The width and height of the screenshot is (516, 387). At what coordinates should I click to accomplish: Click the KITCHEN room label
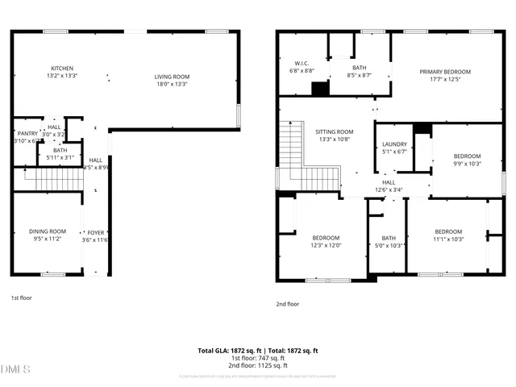[62, 69]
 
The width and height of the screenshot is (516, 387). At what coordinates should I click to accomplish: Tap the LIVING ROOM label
[171, 77]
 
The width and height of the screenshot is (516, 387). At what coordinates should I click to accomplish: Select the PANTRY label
[27, 133]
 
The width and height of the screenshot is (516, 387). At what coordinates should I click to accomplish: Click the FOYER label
[96, 231]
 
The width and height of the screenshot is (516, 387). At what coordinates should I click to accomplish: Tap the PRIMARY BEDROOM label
[444, 72]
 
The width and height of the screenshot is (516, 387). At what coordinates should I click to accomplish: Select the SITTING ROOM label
[334, 131]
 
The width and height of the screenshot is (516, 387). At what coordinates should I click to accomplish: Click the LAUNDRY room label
[394, 144]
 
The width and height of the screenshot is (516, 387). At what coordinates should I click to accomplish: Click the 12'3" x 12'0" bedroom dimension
[327, 245]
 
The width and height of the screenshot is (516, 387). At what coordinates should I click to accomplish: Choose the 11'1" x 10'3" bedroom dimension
[448, 239]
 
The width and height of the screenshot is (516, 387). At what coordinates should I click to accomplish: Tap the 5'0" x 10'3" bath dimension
[389, 245]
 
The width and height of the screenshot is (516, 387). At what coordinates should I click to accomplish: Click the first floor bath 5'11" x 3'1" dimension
[60, 157]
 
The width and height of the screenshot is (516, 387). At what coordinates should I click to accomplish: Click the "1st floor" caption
[22, 298]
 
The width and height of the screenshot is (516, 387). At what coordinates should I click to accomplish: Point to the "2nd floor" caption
[287, 304]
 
